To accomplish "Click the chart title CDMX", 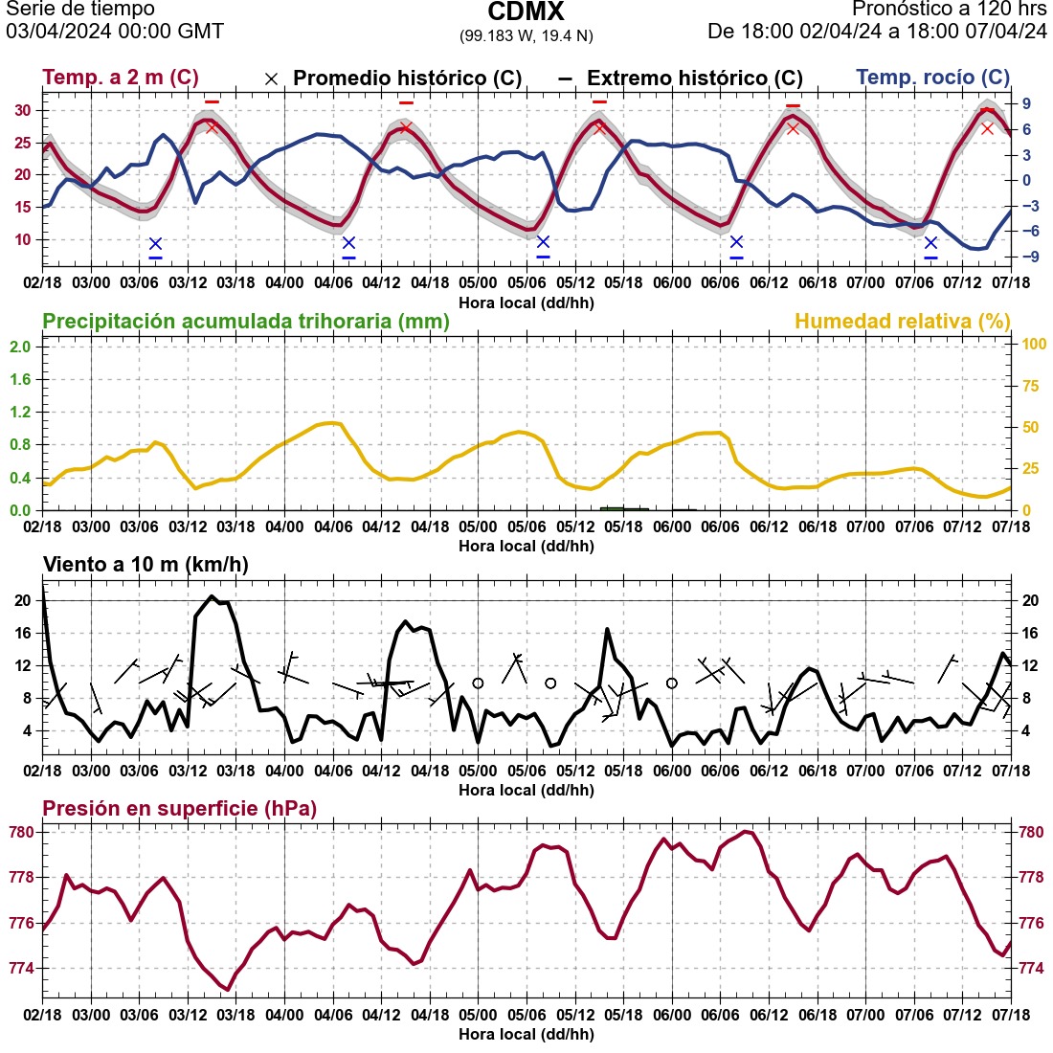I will coord(526,12).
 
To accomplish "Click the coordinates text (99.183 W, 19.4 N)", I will coord(526,35).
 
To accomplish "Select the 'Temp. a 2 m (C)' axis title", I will coord(121,78).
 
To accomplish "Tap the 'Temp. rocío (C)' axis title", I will coord(932,78).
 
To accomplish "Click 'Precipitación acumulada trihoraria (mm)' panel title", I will coord(246,322).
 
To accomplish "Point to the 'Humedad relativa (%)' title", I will coord(903,322).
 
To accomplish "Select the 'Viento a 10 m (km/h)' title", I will coord(146,565).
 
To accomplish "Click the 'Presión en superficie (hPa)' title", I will coord(179,809).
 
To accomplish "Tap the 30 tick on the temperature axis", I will coord(22,110).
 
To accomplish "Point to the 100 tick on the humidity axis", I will coord(1033,345).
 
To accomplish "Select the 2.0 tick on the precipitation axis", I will coord(20,346).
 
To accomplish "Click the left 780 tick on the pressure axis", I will coord(22,832).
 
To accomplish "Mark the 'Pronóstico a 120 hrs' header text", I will coord(949,10).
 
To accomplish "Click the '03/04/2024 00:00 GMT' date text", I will coord(115,32).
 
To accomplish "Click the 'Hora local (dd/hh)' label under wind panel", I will coord(526,790).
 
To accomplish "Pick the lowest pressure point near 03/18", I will coord(227,989).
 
